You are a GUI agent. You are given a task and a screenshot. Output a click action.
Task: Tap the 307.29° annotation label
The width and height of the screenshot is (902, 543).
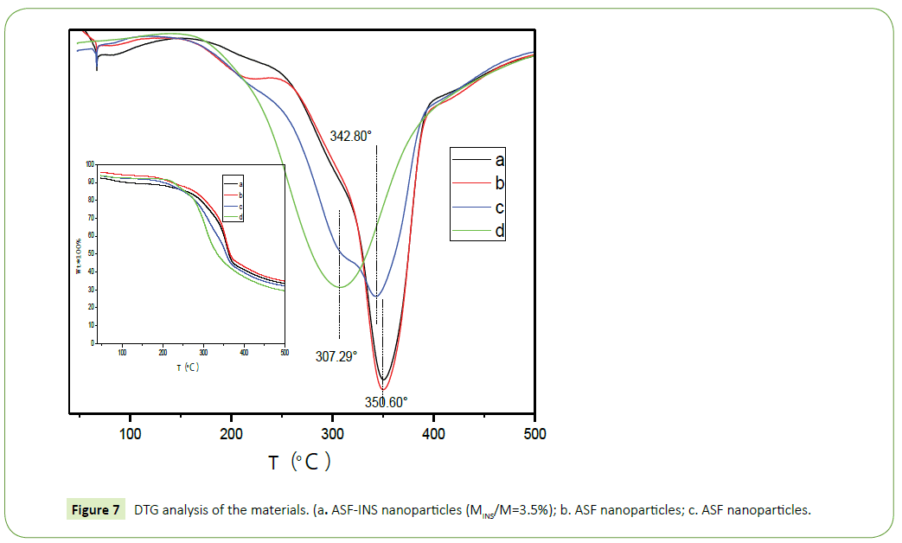click(336, 355)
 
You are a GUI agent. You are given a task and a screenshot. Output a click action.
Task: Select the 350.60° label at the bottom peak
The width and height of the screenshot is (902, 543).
click(386, 402)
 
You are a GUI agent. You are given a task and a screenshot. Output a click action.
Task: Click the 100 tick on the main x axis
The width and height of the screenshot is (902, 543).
click(131, 434)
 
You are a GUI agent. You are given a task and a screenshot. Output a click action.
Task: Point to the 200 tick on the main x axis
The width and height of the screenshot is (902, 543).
click(232, 434)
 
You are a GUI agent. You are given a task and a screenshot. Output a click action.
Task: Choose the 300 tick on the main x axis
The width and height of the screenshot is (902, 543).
click(333, 434)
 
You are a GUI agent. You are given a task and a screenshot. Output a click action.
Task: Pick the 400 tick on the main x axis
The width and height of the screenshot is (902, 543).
click(434, 434)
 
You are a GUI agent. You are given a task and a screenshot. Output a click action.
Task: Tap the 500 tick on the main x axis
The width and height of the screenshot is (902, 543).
click(534, 434)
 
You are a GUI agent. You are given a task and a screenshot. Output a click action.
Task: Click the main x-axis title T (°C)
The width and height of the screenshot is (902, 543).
click(299, 463)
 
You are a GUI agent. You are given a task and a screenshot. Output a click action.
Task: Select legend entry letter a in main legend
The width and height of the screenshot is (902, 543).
click(499, 160)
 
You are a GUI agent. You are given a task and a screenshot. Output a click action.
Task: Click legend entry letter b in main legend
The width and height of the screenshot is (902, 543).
click(499, 183)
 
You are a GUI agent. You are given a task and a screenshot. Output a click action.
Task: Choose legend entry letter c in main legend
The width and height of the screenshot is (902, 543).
click(499, 208)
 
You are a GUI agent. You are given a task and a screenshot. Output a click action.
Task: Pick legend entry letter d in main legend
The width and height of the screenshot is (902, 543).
click(499, 231)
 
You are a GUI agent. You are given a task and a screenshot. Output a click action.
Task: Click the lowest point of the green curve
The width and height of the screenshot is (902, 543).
click(340, 287)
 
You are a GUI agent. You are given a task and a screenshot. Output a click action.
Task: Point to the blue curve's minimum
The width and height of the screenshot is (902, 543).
click(375, 297)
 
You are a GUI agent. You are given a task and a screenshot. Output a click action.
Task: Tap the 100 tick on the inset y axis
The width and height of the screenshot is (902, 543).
click(90, 163)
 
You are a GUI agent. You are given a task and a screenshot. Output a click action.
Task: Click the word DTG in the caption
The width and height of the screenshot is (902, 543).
click(146, 510)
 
